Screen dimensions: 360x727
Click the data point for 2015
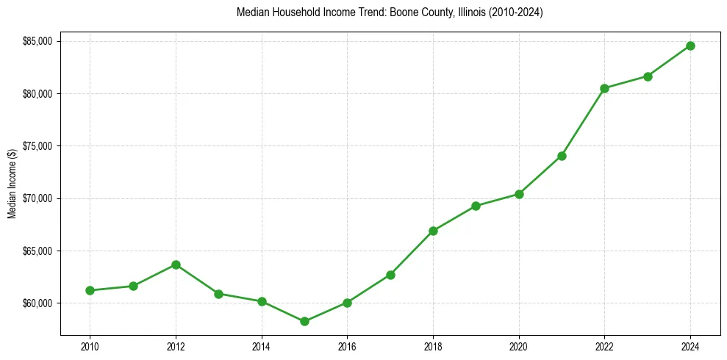point(304,321)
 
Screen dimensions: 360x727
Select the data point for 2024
point(690,46)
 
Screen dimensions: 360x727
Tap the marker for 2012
point(176,264)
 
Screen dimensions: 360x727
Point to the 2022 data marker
point(604,88)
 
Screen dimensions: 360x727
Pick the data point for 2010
point(90,290)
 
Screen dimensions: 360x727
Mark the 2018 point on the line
point(433,231)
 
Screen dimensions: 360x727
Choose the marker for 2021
point(562,156)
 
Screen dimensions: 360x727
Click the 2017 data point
point(390,275)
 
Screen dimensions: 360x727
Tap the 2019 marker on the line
point(476,206)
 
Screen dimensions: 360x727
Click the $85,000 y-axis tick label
point(38,41)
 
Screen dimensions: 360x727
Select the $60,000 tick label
point(38,303)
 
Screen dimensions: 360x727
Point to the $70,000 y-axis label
point(38,198)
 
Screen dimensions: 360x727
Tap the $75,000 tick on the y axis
point(38,146)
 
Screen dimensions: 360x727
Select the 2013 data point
point(218,294)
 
